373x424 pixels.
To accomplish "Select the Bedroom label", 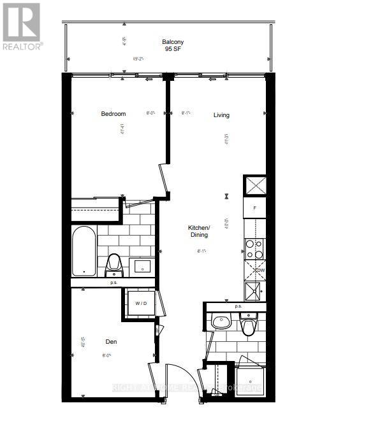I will point(113,114).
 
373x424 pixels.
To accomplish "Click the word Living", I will point(221,115).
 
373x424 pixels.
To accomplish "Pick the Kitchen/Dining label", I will point(198,231).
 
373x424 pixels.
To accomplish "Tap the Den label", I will point(112,342).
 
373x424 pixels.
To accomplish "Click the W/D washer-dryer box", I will point(140,303).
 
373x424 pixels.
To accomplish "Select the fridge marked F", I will point(255,208).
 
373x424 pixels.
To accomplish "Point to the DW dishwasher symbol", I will point(260,271).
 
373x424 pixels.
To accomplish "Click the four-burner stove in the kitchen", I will point(255,249).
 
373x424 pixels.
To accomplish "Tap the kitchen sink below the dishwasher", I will point(255,290).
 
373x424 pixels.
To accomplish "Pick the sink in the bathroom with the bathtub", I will point(140,265).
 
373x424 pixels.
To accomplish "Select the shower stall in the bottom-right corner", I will point(250,382).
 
